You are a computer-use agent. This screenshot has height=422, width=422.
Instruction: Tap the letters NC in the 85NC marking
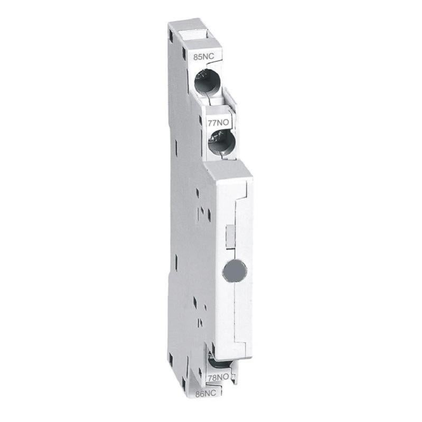point(201,55)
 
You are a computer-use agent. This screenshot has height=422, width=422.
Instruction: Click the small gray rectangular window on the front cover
point(230,235)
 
